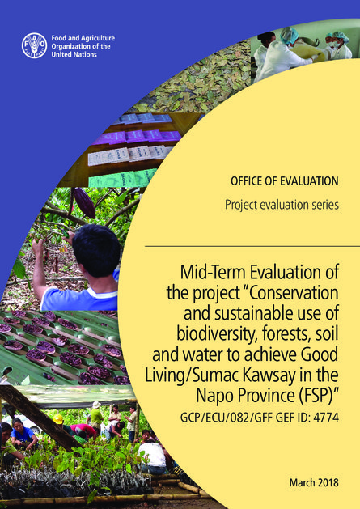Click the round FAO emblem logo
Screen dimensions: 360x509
coord(34,45)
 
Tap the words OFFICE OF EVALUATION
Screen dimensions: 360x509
coord(285,180)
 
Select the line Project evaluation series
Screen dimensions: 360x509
coord(282,205)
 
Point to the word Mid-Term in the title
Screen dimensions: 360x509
coord(212,272)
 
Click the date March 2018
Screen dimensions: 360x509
coord(314,482)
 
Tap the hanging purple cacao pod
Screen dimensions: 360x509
coord(84,202)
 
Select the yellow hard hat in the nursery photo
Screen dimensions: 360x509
coord(58,418)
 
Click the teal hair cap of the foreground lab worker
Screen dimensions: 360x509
coord(290,35)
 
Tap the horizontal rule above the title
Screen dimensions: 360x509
coord(252,246)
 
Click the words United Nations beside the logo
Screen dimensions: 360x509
coord(74,54)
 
